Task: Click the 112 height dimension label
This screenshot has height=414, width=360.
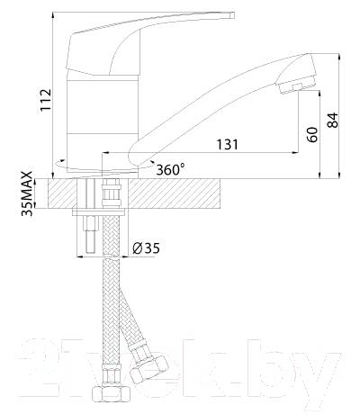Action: click(x=46, y=100)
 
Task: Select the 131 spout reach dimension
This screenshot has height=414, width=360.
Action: click(x=228, y=145)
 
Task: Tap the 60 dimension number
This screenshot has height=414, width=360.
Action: click(x=311, y=135)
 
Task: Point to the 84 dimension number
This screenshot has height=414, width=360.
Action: click(x=332, y=120)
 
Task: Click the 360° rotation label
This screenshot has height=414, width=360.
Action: click(x=170, y=170)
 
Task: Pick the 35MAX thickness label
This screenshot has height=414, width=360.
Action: click(x=27, y=193)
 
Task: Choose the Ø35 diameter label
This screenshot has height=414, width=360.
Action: click(x=146, y=248)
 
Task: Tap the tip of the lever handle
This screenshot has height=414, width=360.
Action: click(x=231, y=15)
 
